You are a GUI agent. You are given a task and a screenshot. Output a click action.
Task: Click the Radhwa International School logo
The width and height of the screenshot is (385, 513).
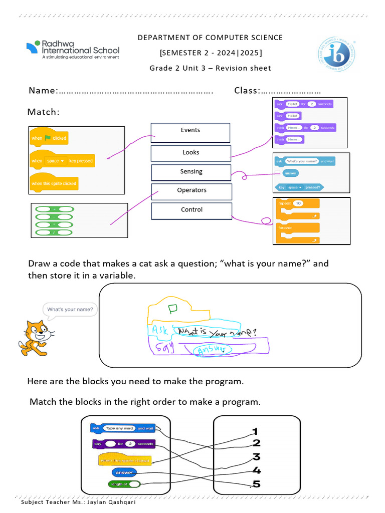[73, 50]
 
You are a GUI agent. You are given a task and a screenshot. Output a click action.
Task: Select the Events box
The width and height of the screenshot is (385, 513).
[190, 133]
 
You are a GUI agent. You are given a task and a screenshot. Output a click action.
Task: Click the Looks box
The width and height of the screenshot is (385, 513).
[191, 153]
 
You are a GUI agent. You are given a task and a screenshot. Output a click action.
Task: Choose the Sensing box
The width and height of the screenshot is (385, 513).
[191, 172]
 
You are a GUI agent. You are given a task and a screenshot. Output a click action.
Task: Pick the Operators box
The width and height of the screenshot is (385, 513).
[191, 191]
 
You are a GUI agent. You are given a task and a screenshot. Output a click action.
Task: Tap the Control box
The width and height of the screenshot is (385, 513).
[191, 210]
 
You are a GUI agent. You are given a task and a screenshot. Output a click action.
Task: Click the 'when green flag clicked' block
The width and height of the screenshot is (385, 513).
[48, 137]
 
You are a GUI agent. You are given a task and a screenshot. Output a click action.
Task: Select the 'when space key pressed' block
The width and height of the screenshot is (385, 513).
[62, 160]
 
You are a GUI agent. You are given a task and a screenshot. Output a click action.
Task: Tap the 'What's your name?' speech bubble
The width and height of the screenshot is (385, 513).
[70, 310]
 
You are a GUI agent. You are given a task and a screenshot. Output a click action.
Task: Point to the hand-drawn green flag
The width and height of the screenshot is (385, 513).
[173, 309]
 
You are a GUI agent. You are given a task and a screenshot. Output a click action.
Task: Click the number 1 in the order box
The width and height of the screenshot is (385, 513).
[255, 431]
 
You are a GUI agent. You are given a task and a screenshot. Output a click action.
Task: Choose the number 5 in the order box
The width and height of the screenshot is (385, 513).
[256, 484]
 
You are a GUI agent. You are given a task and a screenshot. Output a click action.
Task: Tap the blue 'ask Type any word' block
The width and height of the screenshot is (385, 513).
[122, 428]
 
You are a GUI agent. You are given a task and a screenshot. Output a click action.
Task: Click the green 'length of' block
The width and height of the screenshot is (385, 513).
[124, 484]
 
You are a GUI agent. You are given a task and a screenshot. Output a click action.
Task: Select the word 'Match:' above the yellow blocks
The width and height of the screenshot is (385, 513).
[44, 112]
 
